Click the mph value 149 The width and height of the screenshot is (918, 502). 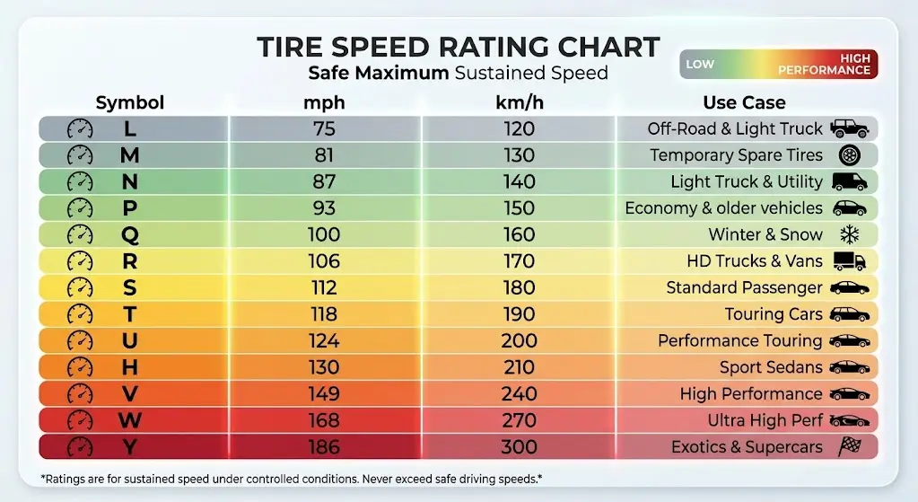[x=324, y=393]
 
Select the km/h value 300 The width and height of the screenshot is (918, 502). [x=519, y=447]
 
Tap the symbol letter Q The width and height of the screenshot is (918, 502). [x=130, y=234]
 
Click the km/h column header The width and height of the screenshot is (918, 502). [x=520, y=102]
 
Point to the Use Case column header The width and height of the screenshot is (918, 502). [x=744, y=102]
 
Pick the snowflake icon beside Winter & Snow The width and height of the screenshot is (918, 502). [x=848, y=234]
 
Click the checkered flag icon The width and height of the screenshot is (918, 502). [x=849, y=447]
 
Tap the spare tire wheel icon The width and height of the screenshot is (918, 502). [x=849, y=155]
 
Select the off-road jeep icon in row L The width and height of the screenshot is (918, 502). [x=849, y=128]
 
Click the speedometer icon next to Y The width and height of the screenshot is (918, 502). [x=81, y=447]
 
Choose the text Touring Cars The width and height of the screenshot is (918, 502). [x=774, y=314]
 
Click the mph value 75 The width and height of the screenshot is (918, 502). [x=324, y=128]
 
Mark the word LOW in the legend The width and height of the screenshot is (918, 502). [x=700, y=65]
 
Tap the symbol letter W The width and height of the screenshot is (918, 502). [x=130, y=420]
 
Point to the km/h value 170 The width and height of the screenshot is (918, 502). [x=519, y=261]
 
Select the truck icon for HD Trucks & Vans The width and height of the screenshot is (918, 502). [x=849, y=261]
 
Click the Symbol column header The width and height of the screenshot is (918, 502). [x=130, y=102]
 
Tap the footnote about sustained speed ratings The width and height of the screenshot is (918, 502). [x=278, y=479]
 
